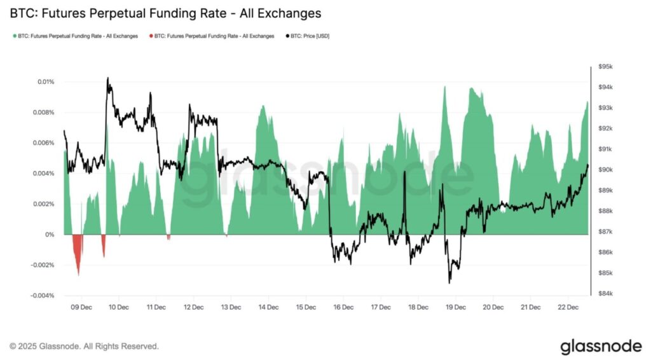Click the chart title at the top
pyautogui.click(x=165, y=13)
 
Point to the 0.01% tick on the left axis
pyautogui.click(x=46, y=82)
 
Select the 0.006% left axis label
pyautogui.click(x=43, y=143)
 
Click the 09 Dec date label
pyautogui.click(x=81, y=307)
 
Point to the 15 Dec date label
pyautogui.click(x=306, y=307)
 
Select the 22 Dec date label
pyautogui.click(x=567, y=307)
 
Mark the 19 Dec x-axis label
pyautogui.click(x=455, y=307)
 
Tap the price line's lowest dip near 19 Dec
pyautogui.click(x=449, y=282)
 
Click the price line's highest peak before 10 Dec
pyautogui.click(x=107, y=79)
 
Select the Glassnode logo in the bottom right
pyautogui.click(x=601, y=346)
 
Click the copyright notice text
pyautogui.click(x=85, y=346)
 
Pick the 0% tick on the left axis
pyautogui.click(x=50, y=235)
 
